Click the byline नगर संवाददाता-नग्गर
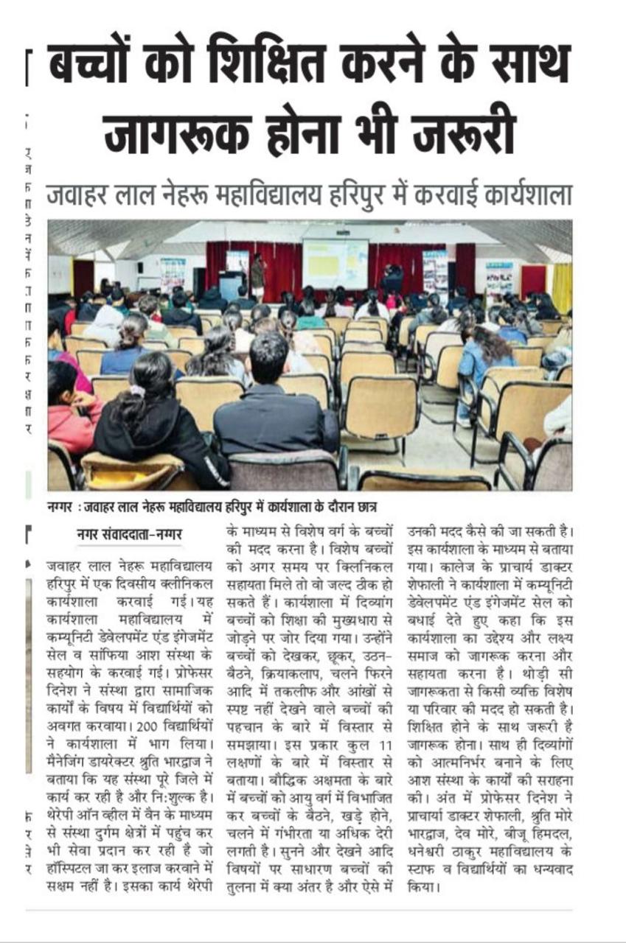point(130,536)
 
